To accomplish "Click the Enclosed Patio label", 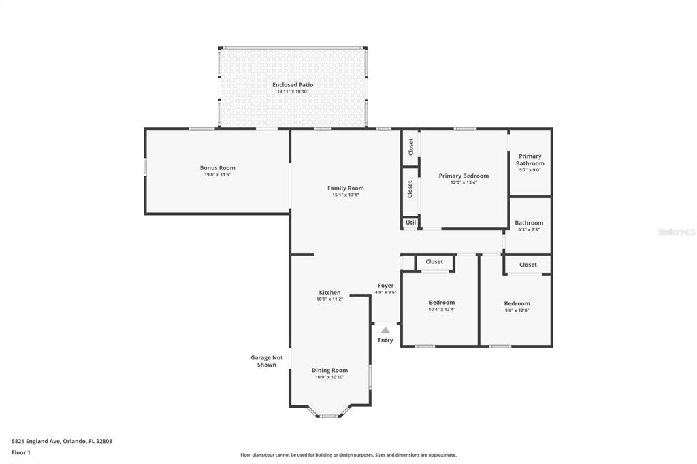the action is tap(293, 84).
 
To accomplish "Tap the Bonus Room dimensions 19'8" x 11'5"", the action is tap(217, 175).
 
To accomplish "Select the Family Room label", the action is tap(345, 188).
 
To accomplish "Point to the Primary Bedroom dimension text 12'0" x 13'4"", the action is tap(464, 182).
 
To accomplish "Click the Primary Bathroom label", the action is tap(530, 160).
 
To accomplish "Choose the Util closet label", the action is tap(410, 222).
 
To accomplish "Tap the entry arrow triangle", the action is tap(385, 330).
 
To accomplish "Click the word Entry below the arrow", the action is tap(385, 340).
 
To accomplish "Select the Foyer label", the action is tap(385, 286).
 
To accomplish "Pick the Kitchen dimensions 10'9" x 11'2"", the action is tap(329, 299).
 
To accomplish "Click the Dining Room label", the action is tap(329, 370).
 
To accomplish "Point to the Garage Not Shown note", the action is tap(266, 361).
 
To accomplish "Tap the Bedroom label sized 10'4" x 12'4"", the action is tap(442, 302).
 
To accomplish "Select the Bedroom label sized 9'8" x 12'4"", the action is tap(517, 303).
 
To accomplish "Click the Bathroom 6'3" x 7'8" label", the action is tap(529, 222).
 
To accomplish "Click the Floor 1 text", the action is tap(21, 452).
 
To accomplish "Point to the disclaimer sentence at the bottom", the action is tap(348, 454).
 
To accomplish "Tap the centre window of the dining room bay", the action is tap(329, 416).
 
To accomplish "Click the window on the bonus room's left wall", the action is tap(145, 166).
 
